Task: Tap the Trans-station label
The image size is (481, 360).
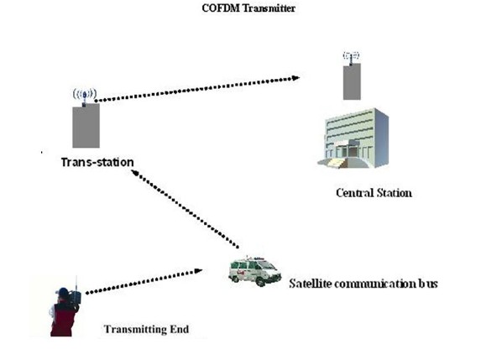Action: click(97, 162)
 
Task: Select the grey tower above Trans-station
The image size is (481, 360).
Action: click(86, 125)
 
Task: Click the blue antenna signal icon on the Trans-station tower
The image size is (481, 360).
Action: click(85, 95)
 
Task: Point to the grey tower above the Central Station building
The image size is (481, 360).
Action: click(352, 81)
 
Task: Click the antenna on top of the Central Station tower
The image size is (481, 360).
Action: click(351, 57)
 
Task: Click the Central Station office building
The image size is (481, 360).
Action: click(353, 138)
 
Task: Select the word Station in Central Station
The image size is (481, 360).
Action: click(395, 193)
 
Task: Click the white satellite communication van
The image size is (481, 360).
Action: click(254, 271)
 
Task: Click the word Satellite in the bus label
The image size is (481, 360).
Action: click(310, 284)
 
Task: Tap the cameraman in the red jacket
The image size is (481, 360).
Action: click(65, 312)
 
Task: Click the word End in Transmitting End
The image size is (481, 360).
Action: click(180, 329)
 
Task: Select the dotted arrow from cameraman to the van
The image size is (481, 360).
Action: click(144, 281)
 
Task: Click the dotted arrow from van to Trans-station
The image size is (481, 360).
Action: click(185, 209)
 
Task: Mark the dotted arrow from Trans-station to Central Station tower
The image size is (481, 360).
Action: click(197, 89)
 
